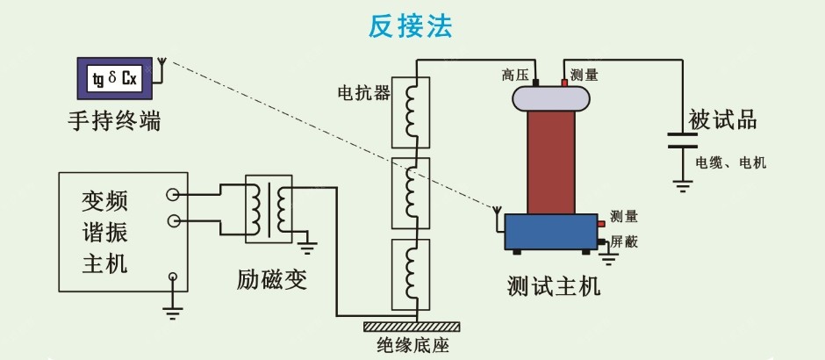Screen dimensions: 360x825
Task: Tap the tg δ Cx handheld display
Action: [114, 79]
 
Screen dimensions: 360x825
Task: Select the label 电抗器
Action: [362, 92]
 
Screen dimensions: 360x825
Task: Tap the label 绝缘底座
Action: [412, 345]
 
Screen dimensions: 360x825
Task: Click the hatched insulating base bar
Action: [412, 326]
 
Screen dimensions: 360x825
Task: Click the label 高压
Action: [514, 75]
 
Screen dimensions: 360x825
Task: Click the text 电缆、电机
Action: [730, 162]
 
